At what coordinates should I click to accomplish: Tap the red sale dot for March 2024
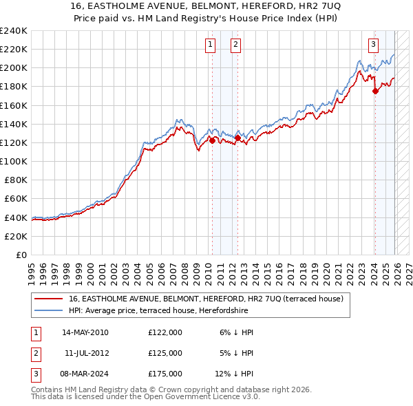375,91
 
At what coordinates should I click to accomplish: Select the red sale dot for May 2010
212,140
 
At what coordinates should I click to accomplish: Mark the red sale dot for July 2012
237,138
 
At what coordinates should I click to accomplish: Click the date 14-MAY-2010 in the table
85,332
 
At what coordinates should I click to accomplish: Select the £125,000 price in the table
165,353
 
